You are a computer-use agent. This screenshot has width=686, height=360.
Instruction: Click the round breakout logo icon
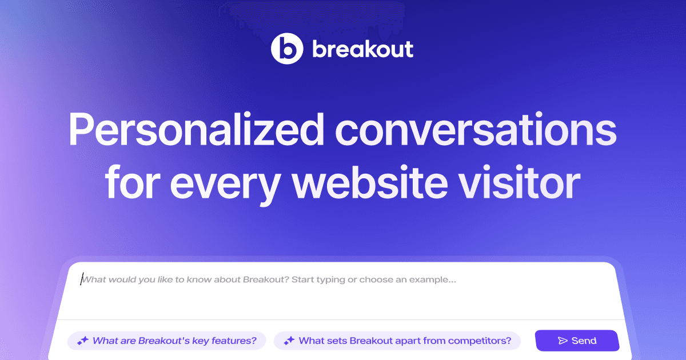(x=286, y=49)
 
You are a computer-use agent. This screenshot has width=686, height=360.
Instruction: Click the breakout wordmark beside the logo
(x=362, y=49)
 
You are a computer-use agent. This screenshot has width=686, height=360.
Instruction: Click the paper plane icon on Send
(x=563, y=341)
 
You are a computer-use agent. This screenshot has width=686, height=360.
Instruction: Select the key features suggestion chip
(x=166, y=341)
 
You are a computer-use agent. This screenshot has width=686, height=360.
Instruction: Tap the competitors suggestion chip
(x=397, y=341)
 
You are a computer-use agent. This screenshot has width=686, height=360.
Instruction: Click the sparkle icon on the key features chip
(x=83, y=341)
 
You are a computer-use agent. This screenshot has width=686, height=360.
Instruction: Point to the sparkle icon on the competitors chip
(x=289, y=341)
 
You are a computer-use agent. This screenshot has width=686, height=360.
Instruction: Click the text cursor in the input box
(x=81, y=280)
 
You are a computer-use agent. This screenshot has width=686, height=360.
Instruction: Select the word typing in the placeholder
(x=326, y=280)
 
